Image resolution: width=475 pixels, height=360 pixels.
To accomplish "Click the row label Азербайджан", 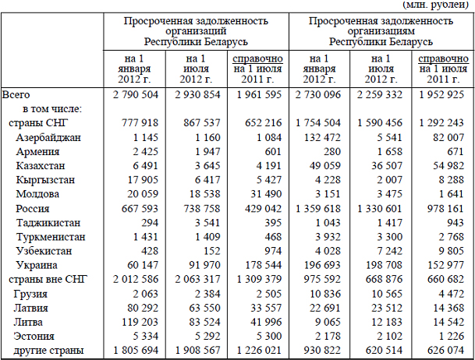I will pyautogui.click(x=48, y=137).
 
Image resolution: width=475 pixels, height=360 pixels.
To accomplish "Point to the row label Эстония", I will pyautogui.click(x=37, y=337).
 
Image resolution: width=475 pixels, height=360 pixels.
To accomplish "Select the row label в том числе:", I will pyautogui.click(x=52, y=109).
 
